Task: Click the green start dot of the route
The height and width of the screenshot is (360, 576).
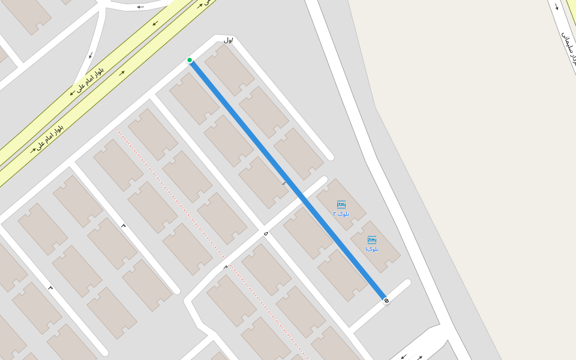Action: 190,60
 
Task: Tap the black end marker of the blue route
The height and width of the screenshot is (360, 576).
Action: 386,300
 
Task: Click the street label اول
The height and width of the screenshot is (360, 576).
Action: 228,40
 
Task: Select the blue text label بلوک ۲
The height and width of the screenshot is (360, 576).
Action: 341,214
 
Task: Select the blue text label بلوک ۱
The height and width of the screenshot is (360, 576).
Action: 372,248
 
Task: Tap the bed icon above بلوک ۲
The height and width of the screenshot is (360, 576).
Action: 341,205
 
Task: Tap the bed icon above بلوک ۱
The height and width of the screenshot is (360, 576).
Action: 372,240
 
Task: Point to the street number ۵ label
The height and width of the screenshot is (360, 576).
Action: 265,232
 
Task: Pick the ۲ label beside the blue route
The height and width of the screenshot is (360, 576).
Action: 284,183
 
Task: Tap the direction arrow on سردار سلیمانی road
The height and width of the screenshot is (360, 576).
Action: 556,7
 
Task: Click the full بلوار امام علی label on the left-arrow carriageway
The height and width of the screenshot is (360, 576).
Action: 90,80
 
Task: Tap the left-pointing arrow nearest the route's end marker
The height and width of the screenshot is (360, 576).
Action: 403,356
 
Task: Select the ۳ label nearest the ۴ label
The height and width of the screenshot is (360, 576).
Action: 124,226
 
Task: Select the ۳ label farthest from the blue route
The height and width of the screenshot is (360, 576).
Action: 50,288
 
